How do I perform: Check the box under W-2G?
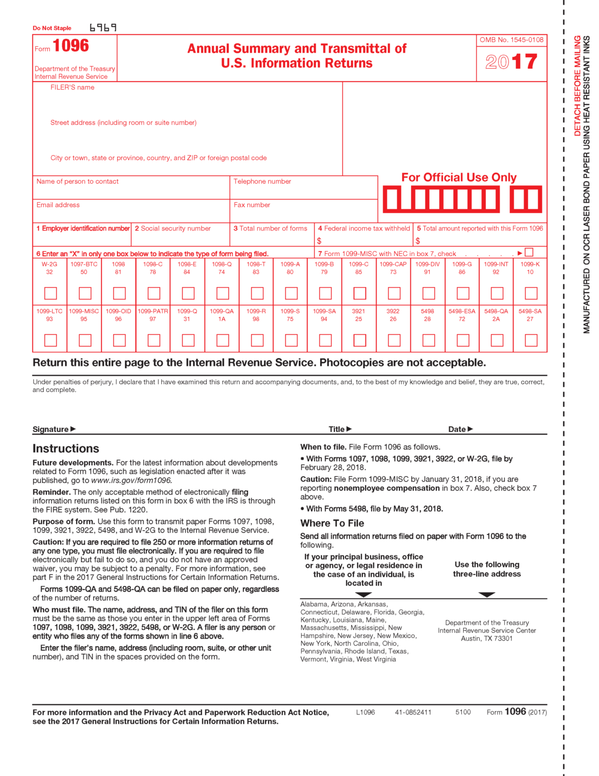(50, 293)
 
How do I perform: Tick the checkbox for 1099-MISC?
(85, 340)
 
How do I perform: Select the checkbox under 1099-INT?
(497, 293)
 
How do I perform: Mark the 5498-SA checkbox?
(531, 340)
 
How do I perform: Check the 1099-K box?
(531, 293)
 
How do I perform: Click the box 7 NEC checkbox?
(529, 253)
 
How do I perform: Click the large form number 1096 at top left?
(70, 46)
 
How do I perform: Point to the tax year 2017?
(511, 62)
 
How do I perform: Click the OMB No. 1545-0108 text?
(511, 40)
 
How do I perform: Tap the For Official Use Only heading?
(459, 178)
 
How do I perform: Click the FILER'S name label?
(72, 88)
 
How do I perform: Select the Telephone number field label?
(262, 182)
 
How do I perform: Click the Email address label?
(58, 205)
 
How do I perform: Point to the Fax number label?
(252, 205)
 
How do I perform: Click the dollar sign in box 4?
(319, 241)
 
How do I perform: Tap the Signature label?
(50, 429)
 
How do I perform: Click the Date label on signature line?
(457, 429)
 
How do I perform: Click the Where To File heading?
(332, 523)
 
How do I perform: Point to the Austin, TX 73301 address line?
(486, 638)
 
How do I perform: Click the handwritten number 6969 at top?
(103, 28)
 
